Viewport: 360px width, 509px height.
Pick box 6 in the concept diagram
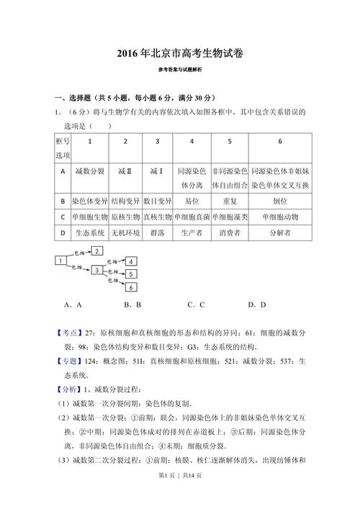point(131,287)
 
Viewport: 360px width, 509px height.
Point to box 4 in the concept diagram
point(131,261)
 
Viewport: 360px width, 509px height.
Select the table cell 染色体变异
point(90,201)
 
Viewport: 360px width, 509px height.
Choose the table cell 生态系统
point(90,233)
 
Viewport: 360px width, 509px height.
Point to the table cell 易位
point(192,201)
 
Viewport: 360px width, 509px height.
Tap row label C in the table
point(63,217)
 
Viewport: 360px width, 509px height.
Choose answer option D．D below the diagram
point(257,305)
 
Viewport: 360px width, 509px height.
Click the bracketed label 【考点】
point(69,333)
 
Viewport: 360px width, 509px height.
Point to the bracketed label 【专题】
point(69,361)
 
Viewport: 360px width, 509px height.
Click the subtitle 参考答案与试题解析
point(179,70)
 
